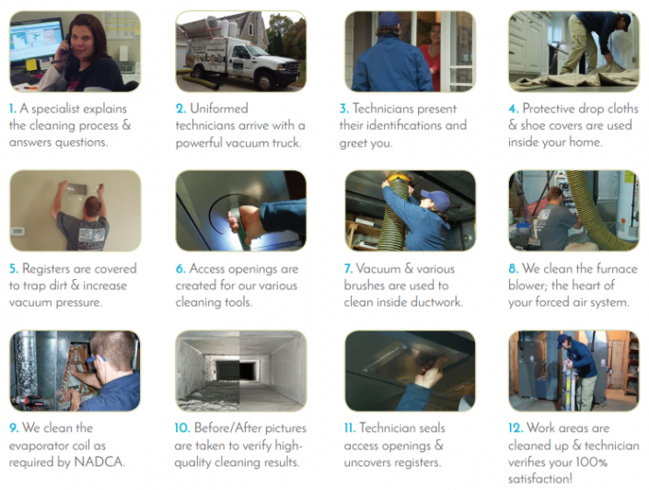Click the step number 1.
tap(13, 109)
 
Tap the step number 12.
tap(516, 428)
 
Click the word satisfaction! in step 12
tap(544, 478)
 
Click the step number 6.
tap(180, 269)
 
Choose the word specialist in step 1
tap(62, 109)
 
